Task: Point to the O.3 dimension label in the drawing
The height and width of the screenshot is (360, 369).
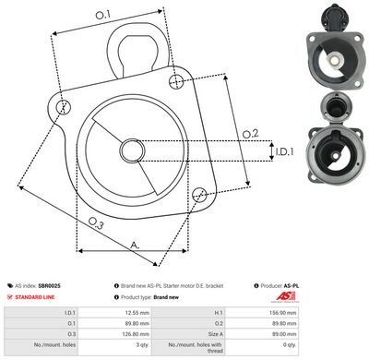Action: (97, 222)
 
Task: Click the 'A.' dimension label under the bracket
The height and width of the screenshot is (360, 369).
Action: (136, 246)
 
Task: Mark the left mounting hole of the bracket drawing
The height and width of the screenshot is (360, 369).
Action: (63, 107)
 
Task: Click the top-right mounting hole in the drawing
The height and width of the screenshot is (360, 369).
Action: (176, 82)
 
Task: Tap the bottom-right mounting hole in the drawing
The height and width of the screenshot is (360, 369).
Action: (199, 192)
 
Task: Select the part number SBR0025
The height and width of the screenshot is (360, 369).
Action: (50, 286)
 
